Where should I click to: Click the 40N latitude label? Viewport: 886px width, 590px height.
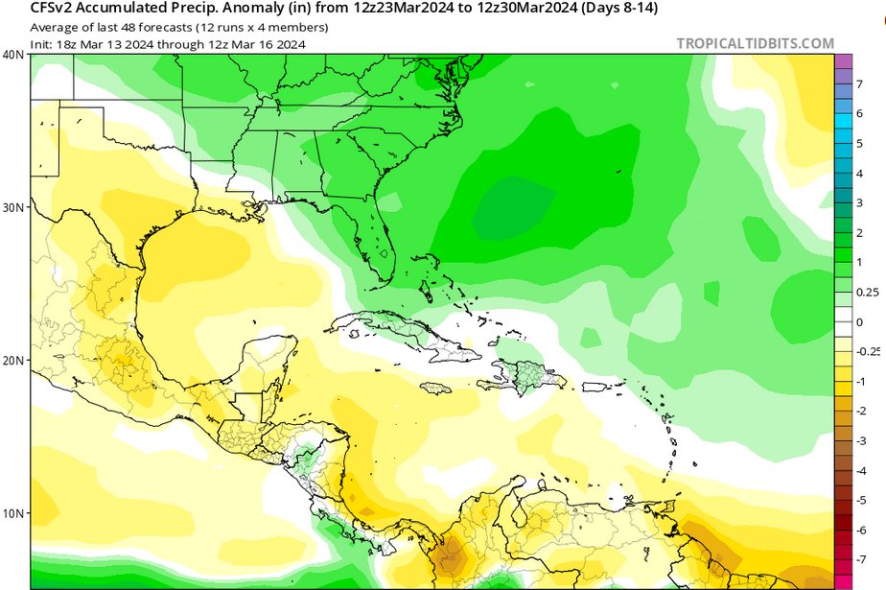[x=12, y=55]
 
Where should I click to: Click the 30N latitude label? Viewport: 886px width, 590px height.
[x=12, y=207]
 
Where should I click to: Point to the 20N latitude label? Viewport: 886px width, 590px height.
[x=12, y=360]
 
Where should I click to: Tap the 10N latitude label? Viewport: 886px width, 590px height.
[x=12, y=513]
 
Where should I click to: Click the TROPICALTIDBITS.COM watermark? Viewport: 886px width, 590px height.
[x=756, y=43]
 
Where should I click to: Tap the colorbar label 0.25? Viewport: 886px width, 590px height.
[x=866, y=292]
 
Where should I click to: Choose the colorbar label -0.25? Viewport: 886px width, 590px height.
[x=868, y=351]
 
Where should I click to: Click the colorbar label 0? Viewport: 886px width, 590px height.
[x=859, y=322]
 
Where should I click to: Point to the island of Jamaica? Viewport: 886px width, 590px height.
[x=436, y=389]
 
